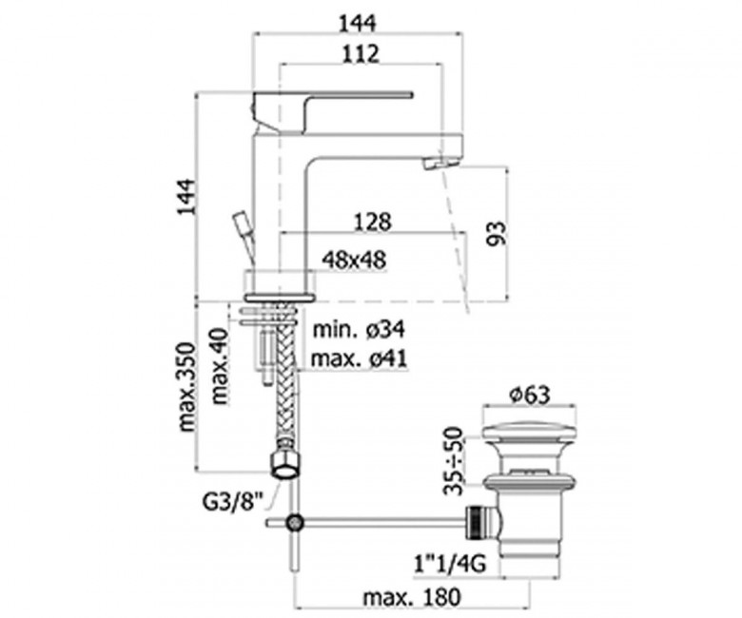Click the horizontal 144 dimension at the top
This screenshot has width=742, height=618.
[358, 23]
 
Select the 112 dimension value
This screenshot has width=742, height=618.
[361, 54]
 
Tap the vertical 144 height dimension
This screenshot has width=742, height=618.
[185, 197]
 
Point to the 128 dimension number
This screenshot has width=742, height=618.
[373, 222]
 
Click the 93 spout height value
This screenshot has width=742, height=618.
[497, 233]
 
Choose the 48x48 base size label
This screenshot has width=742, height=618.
[354, 260]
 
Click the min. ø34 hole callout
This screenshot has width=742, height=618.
[360, 329]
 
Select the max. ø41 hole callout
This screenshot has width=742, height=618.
[359, 358]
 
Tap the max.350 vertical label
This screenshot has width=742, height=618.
[185, 387]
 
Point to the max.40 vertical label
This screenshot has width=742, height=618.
[220, 366]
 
